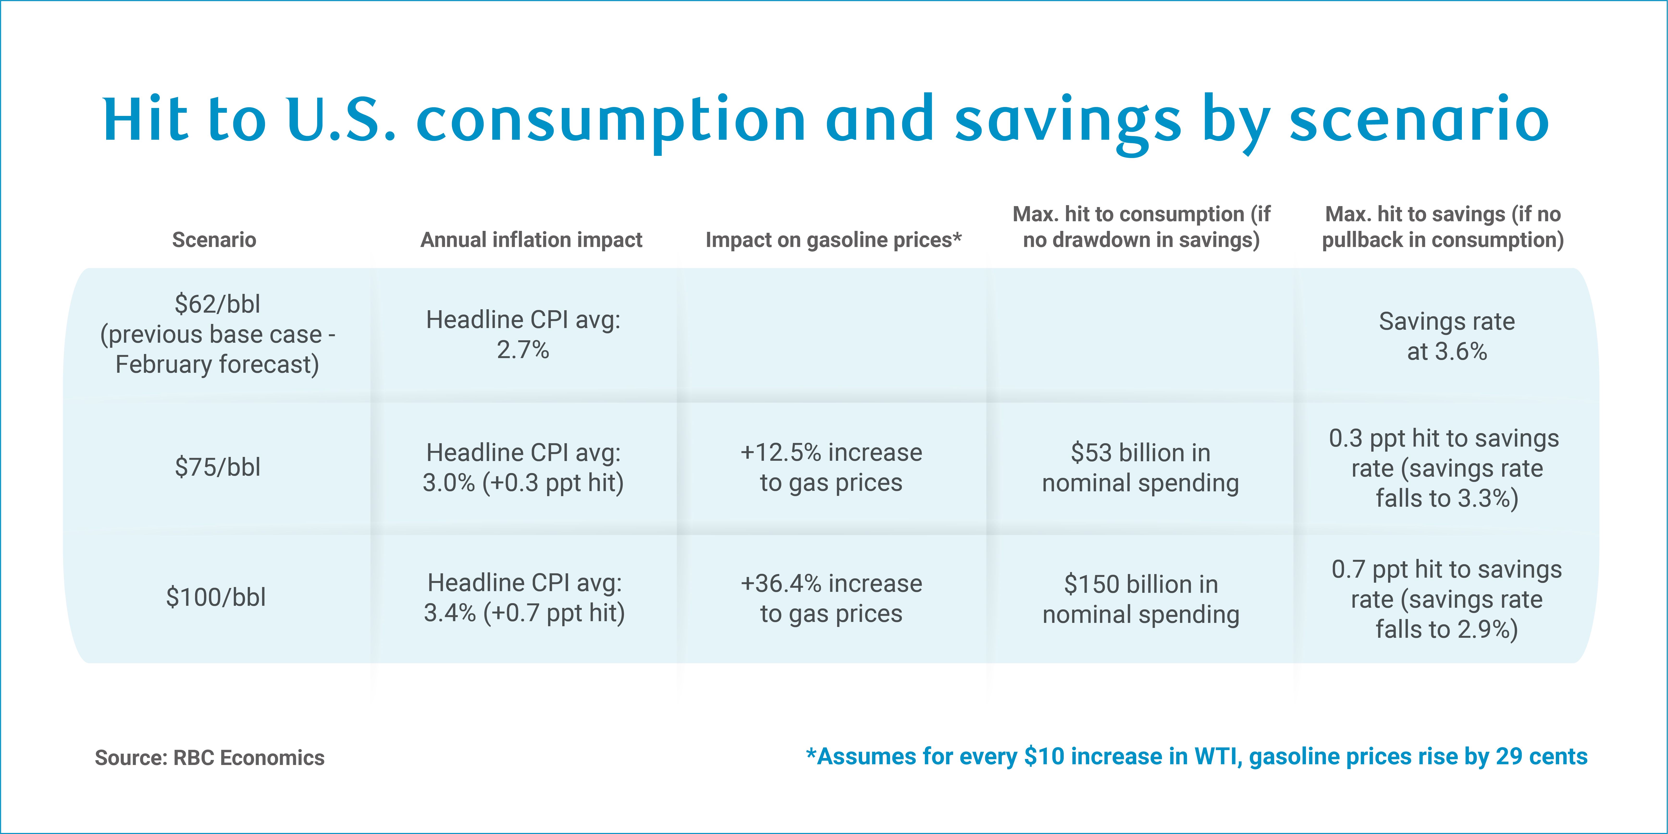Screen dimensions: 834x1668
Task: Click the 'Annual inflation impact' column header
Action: coord(531,240)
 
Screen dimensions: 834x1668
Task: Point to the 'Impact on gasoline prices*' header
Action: coord(833,240)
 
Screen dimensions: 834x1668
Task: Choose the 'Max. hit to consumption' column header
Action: coord(1141,227)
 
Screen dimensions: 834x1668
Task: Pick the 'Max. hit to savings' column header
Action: coord(1443,227)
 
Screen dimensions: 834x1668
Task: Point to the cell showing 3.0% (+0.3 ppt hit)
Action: coord(523,467)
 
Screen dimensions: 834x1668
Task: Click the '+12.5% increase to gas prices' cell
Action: coord(831,467)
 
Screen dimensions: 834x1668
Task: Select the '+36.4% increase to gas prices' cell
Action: coord(831,598)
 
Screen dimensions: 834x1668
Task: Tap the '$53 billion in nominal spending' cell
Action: coord(1140,467)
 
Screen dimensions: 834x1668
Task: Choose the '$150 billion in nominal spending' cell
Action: coord(1141,599)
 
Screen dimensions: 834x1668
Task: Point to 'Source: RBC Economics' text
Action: coord(210,758)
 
